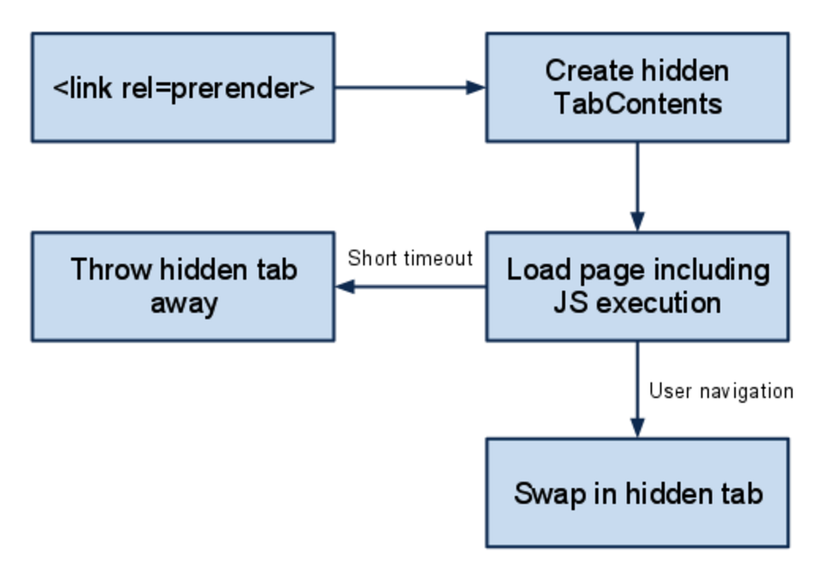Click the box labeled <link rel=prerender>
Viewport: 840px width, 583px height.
point(183,87)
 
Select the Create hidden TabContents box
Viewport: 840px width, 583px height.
point(637,87)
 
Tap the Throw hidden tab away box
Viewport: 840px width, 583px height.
point(183,286)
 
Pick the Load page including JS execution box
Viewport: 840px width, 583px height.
point(637,286)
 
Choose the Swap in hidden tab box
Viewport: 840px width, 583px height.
point(637,492)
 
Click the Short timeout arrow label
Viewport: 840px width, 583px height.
point(411,258)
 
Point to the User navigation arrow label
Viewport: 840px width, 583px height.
point(721,391)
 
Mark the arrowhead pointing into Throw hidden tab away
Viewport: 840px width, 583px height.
point(344,287)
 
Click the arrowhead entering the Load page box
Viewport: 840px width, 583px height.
point(637,223)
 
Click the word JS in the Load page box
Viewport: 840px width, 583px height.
point(569,302)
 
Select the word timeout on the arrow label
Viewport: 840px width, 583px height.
point(436,258)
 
